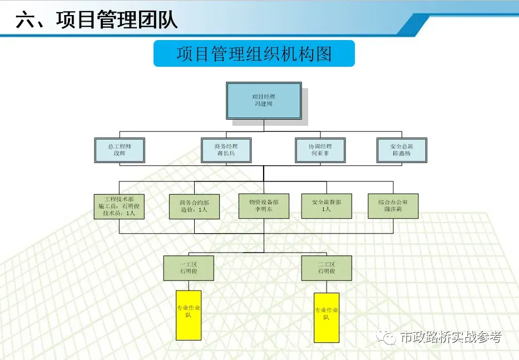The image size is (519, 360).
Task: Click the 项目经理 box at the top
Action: point(263,100)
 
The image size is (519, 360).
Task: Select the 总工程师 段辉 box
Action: point(119,150)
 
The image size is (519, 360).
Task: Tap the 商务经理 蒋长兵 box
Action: point(226,150)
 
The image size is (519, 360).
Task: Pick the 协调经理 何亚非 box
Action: point(320,150)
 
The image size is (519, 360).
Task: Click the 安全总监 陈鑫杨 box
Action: point(401,150)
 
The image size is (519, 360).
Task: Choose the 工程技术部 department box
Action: point(119,206)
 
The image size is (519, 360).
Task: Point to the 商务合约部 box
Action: point(194,206)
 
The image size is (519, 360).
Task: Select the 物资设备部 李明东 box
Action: point(264,206)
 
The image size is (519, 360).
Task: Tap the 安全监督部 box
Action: point(326,206)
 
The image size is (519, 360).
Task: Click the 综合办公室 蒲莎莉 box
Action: point(393,206)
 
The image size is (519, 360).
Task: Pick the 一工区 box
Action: point(188,268)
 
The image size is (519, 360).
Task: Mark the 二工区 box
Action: point(327,268)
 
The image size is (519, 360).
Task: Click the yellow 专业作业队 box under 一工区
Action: point(189,315)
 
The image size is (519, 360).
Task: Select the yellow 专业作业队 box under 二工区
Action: point(327,318)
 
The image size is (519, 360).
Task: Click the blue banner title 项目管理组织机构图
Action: point(254,54)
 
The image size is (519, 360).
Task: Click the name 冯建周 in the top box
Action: point(263,104)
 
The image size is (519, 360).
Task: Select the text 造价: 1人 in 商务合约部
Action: point(194,210)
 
